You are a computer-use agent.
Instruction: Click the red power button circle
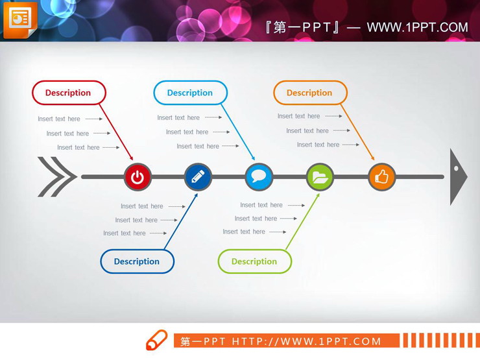pos(138,177)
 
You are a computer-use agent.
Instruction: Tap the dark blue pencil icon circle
pos(198,176)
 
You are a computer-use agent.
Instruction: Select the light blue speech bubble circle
pos(259,176)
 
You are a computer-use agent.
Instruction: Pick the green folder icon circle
pos(320,176)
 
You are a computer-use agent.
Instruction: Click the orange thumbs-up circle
pos(381,176)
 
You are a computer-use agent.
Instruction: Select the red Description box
pos(69,93)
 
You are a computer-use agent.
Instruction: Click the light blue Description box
pos(190,93)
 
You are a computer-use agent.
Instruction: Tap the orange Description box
pos(310,93)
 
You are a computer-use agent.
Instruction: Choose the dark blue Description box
pos(137,261)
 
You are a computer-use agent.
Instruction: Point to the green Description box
pos(254,261)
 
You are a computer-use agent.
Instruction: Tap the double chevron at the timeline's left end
pos(57,176)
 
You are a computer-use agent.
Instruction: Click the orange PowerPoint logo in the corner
pos(20,20)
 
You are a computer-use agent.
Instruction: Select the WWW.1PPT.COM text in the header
pos(417,27)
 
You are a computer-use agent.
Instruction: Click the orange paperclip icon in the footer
pos(156,341)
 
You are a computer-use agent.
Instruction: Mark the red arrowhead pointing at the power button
pos(130,158)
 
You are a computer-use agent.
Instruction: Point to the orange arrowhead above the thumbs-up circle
pos(372,158)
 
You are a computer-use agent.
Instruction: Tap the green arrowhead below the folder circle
pos(317,196)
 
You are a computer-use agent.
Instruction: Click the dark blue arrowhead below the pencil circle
pos(195,196)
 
